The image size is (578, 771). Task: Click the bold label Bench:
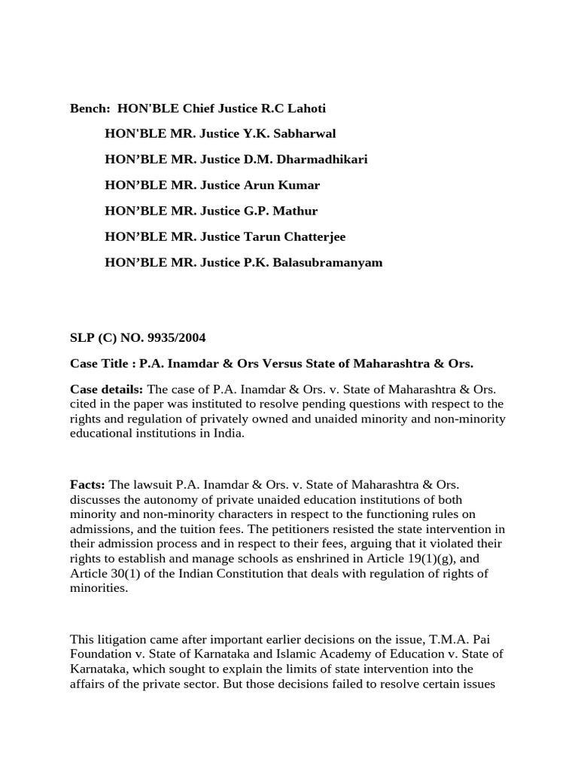click(90, 108)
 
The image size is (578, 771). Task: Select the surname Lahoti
click(306, 108)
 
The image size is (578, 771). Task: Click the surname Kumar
click(301, 185)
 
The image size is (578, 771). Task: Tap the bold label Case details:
click(107, 389)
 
